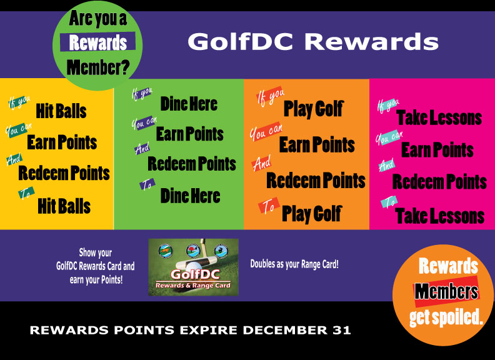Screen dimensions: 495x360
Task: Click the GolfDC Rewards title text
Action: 313,42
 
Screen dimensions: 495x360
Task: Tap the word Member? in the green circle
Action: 98,67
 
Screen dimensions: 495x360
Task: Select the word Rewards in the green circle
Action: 98,42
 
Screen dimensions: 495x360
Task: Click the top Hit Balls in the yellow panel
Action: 61,111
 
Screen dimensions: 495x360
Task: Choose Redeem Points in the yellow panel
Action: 64,173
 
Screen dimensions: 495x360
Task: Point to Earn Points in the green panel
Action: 190,134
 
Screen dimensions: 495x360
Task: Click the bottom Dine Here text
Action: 191,196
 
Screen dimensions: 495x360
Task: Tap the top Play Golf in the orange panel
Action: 314,109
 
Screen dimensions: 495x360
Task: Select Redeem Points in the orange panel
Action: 316,181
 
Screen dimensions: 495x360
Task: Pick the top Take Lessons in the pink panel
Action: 439,117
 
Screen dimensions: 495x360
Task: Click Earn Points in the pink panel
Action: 437,149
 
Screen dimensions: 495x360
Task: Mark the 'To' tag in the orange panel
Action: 269,206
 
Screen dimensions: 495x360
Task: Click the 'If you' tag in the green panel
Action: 142,94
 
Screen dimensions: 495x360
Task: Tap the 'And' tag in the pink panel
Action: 387,165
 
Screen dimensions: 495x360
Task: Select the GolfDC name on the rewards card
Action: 195,274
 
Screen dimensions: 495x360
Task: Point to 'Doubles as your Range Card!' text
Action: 294,264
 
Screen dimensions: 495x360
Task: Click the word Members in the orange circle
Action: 446,291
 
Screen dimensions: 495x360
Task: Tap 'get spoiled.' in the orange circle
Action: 446,317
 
